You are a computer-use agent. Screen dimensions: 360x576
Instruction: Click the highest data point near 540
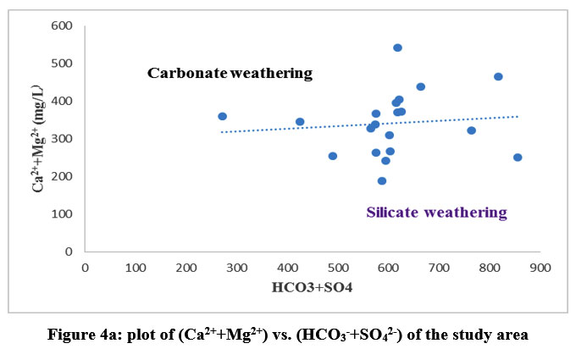tap(397, 47)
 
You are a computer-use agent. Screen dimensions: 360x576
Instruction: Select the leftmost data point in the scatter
tap(222, 116)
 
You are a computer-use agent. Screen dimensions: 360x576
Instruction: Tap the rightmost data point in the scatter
tap(518, 158)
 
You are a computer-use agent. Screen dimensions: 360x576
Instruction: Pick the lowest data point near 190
tap(382, 180)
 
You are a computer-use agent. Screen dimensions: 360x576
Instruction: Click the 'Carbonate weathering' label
tap(230, 73)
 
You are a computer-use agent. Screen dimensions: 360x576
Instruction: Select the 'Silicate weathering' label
tap(436, 213)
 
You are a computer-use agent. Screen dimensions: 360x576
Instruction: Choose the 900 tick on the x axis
tap(540, 268)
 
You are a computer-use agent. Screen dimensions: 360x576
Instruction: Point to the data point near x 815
tap(498, 76)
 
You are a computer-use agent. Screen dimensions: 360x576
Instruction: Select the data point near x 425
tap(300, 122)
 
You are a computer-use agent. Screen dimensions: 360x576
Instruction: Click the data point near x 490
tap(333, 156)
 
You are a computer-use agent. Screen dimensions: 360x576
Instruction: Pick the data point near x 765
tap(472, 130)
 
